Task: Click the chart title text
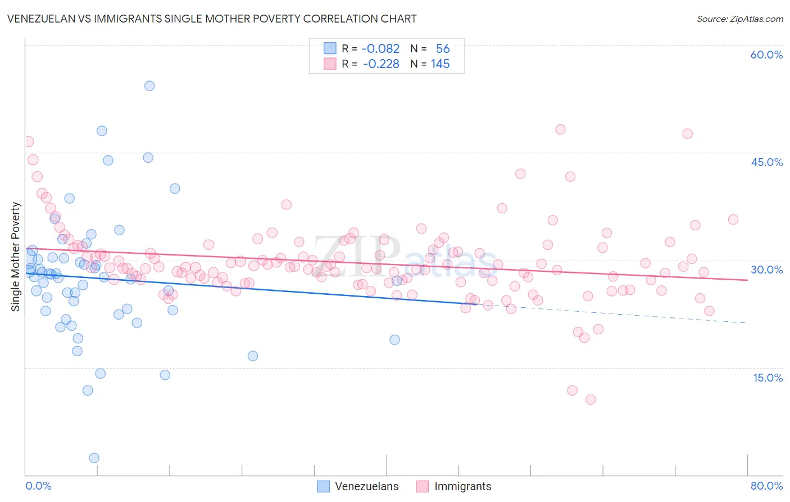pyautogui.click(x=212, y=19)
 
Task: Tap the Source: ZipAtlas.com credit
pyautogui.click(x=739, y=19)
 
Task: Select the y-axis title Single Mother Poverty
pyautogui.click(x=16, y=257)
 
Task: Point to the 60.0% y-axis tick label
pyautogui.click(x=766, y=55)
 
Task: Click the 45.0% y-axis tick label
pyautogui.click(x=766, y=162)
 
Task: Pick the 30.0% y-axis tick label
pyautogui.click(x=766, y=270)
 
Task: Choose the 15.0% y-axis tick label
pyautogui.click(x=768, y=377)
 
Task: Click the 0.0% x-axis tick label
pyautogui.click(x=38, y=486)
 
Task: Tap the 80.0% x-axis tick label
pyautogui.click(x=766, y=486)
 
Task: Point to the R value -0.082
pyautogui.click(x=380, y=49)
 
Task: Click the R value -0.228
pyautogui.click(x=381, y=64)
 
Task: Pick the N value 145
pyautogui.click(x=440, y=64)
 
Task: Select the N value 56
pyautogui.click(x=443, y=49)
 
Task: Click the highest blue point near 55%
pyautogui.click(x=149, y=86)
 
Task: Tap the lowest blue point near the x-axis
pyautogui.click(x=94, y=458)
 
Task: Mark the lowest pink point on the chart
pyautogui.click(x=591, y=400)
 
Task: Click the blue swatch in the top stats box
pyautogui.click(x=330, y=48)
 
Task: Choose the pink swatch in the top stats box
pyautogui.click(x=330, y=64)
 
